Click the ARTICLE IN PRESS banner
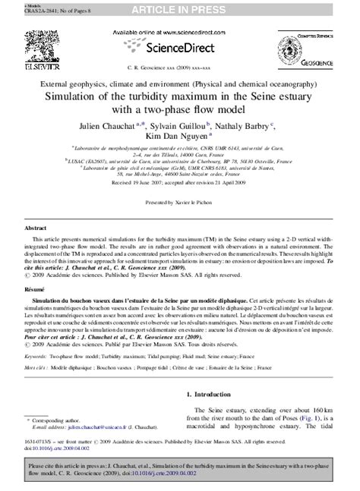(179, 8)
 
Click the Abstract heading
(37, 228)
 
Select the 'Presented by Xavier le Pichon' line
(179, 203)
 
